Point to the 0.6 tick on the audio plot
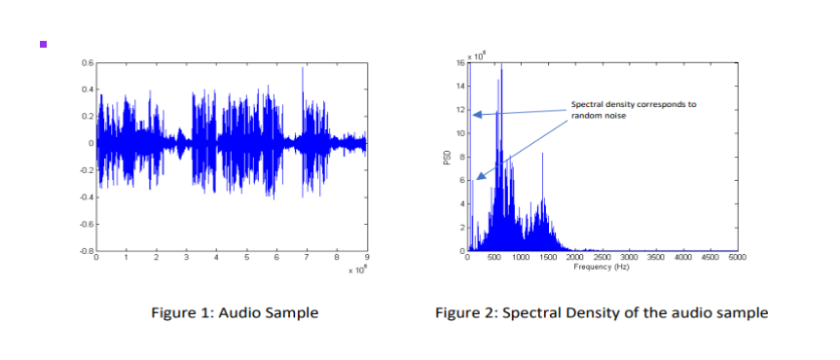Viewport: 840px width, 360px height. (x=88, y=62)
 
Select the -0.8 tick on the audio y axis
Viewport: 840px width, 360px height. (x=87, y=251)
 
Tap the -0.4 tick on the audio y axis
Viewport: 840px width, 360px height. (x=87, y=198)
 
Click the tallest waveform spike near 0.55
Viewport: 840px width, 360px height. (x=303, y=70)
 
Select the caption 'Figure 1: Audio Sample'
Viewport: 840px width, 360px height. (x=234, y=312)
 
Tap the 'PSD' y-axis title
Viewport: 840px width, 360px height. (x=448, y=158)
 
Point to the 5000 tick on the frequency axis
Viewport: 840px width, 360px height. (x=737, y=259)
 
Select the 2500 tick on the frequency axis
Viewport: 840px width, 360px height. (x=603, y=259)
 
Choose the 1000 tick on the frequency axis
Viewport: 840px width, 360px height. (x=521, y=259)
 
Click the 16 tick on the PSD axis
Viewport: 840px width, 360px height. (x=460, y=63)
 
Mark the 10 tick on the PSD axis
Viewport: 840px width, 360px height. (x=460, y=133)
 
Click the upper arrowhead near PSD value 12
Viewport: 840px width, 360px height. (x=475, y=115)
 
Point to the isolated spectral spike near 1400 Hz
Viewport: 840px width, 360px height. (x=543, y=155)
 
